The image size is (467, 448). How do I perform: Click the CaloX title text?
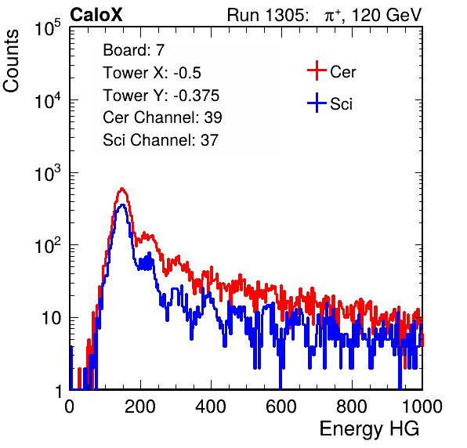pyautogui.click(x=96, y=15)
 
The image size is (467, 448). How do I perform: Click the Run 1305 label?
pyautogui.click(x=267, y=15)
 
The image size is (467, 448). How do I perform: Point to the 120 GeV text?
pyautogui.click(x=386, y=15)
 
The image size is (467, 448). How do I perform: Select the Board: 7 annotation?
pyautogui.click(x=133, y=49)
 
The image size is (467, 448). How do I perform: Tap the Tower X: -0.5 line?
pyautogui.click(x=152, y=72)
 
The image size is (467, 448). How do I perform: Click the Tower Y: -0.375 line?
pyautogui.click(x=161, y=95)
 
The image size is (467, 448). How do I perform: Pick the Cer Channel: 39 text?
pyautogui.click(x=162, y=117)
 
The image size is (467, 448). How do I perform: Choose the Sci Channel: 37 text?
pyautogui.click(x=161, y=140)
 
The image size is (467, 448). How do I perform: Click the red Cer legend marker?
pyautogui.click(x=317, y=70)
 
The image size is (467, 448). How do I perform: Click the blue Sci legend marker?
pyautogui.click(x=317, y=103)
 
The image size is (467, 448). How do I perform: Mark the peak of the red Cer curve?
pyautogui.click(x=121, y=189)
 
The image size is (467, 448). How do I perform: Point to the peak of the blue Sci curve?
pyautogui.click(x=122, y=205)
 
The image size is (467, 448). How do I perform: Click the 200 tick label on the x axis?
pyautogui.click(x=140, y=406)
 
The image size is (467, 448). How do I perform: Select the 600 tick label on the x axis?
pyautogui.click(x=281, y=406)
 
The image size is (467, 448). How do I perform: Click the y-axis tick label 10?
pyautogui.click(x=52, y=318)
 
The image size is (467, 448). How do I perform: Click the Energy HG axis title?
pyautogui.click(x=369, y=429)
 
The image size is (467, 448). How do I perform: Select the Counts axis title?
pyautogui.click(x=11, y=61)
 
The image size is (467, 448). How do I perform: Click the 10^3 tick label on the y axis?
pyautogui.click(x=49, y=173)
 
